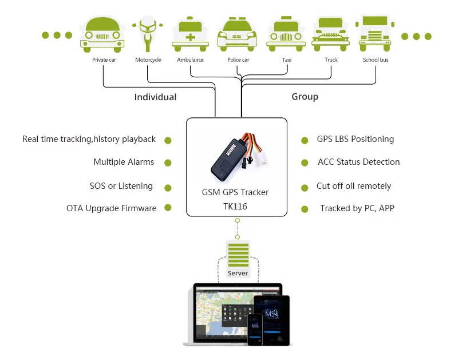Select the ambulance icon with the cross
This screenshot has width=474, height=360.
(x=190, y=34)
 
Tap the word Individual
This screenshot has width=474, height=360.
(x=155, y=97)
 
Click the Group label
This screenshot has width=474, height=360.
(x=305, y=97)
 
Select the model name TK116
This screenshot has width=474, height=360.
(x=235, y=206)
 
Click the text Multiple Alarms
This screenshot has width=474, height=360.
(x=124, y=162)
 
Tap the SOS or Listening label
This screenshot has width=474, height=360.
(x=121, y=186)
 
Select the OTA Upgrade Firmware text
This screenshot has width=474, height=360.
(x=111, y=208)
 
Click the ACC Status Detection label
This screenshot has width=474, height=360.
(x=358, y=162)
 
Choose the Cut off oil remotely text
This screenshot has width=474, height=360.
(x=354, y=186)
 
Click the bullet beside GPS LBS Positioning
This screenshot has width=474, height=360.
(x=305, y=140)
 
